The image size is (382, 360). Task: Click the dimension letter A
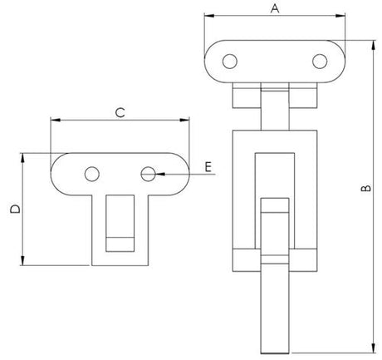[x=275, y=8]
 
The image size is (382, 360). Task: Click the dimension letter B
[x=366, y=188]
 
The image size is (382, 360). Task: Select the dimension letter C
[x=120, y=113]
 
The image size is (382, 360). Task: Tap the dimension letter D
[x=15, y=209]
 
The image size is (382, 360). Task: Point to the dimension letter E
[x=208, y=167]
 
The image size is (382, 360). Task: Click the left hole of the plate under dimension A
[x=230, y=62]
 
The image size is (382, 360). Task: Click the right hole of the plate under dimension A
[x=320, y=62]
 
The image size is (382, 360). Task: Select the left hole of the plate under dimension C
[x=92, y=174]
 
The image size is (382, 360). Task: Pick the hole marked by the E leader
[x=148, y=174]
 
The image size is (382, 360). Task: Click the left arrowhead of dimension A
[x=209, y=16]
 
